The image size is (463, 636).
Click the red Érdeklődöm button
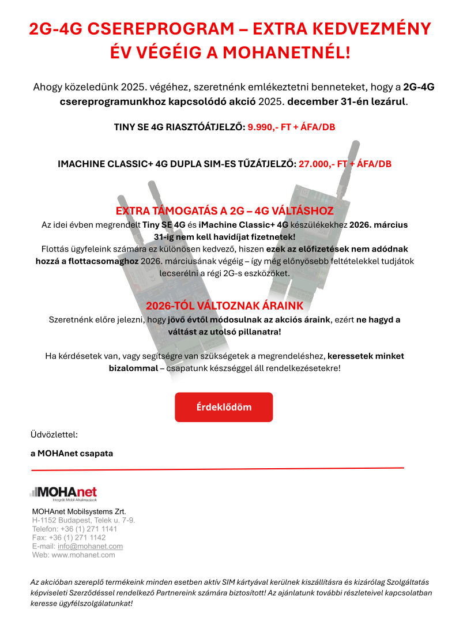tap(224, 407)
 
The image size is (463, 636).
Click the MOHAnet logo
tap(63, 494)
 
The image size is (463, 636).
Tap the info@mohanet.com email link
tap(90, 546)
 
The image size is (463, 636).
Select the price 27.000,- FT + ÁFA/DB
tap(345, 164)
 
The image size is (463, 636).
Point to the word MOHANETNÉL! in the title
tap(286, 53)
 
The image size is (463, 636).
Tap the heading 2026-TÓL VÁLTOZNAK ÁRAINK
tap(224, 306)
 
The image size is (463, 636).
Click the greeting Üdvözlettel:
tap(54, 434)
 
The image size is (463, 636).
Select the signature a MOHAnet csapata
tap(72, 453)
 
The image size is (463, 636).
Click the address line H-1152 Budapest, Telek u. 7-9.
tap(84, 520)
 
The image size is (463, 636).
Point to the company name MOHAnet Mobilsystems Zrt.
tap(79, 511)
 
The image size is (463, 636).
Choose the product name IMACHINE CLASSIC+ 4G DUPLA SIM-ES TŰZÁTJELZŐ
tap(176, 164)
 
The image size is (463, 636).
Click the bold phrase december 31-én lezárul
tap(347, 102)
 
